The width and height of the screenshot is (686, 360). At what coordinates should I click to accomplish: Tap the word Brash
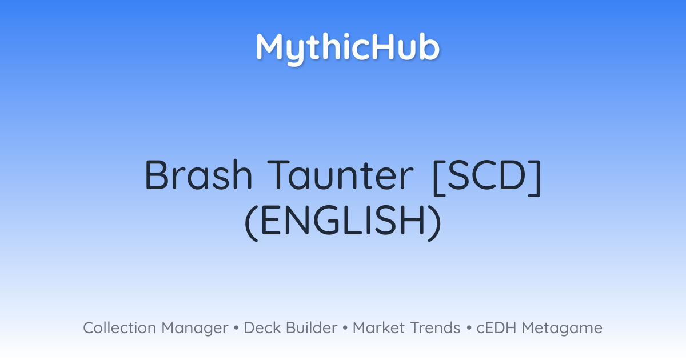point(198,175)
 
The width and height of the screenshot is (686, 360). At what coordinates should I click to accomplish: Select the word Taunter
point(340,175)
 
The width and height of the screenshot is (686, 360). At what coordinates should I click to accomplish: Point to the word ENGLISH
point(343,221)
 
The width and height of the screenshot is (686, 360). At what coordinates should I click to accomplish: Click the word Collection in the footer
point(119,328)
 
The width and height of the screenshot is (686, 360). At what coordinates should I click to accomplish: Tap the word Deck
point(262,328)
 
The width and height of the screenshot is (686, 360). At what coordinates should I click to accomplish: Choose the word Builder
point(312,328)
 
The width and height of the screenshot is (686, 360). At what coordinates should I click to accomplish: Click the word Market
point(378,328)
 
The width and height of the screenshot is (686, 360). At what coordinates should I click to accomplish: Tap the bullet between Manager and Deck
point(236,328)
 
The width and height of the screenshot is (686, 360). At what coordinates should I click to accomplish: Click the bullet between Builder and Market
point(345,328)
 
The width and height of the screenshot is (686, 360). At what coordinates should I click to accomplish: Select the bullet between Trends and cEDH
point(469,328)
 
